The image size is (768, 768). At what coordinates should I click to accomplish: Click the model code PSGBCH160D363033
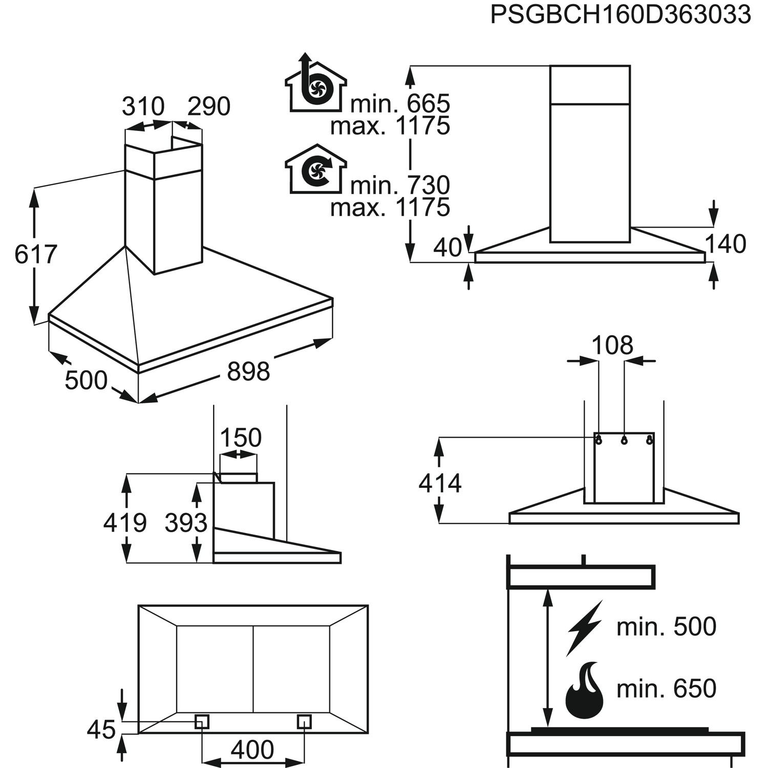tap(620, 15)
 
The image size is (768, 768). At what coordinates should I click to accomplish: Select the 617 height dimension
tap(35, 254)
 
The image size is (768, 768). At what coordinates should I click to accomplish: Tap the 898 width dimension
tap(248, 371)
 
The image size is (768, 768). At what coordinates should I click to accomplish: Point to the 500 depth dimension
tap(86, 380)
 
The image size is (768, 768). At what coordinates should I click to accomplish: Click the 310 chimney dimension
tap(143, 106)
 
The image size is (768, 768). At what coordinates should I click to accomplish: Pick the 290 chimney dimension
tap(209, 106)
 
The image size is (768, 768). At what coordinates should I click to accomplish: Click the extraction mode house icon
tap(315, 85)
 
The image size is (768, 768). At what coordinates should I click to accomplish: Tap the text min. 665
tap(400, 104)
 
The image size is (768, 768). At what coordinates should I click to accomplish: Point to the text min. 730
tap(400, 185)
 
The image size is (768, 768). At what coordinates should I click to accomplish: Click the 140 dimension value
tap(726, 244)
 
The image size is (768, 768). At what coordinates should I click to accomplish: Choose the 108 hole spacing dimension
tap(612, 346)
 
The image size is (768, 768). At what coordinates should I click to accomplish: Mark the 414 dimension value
tap(440, 483)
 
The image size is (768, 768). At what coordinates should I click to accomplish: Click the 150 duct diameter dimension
tap(240, 438)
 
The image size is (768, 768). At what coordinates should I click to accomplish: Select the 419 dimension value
tap(125, 523)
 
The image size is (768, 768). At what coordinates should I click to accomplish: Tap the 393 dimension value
tap(186, 523)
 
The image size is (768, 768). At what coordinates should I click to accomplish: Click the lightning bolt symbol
tap(584, 628)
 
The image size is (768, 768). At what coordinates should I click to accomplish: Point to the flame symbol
tap(584, 690)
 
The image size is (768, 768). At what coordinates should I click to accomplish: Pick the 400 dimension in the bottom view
tap(252, 751)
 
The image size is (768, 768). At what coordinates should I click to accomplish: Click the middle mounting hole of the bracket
tap(624, 440)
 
